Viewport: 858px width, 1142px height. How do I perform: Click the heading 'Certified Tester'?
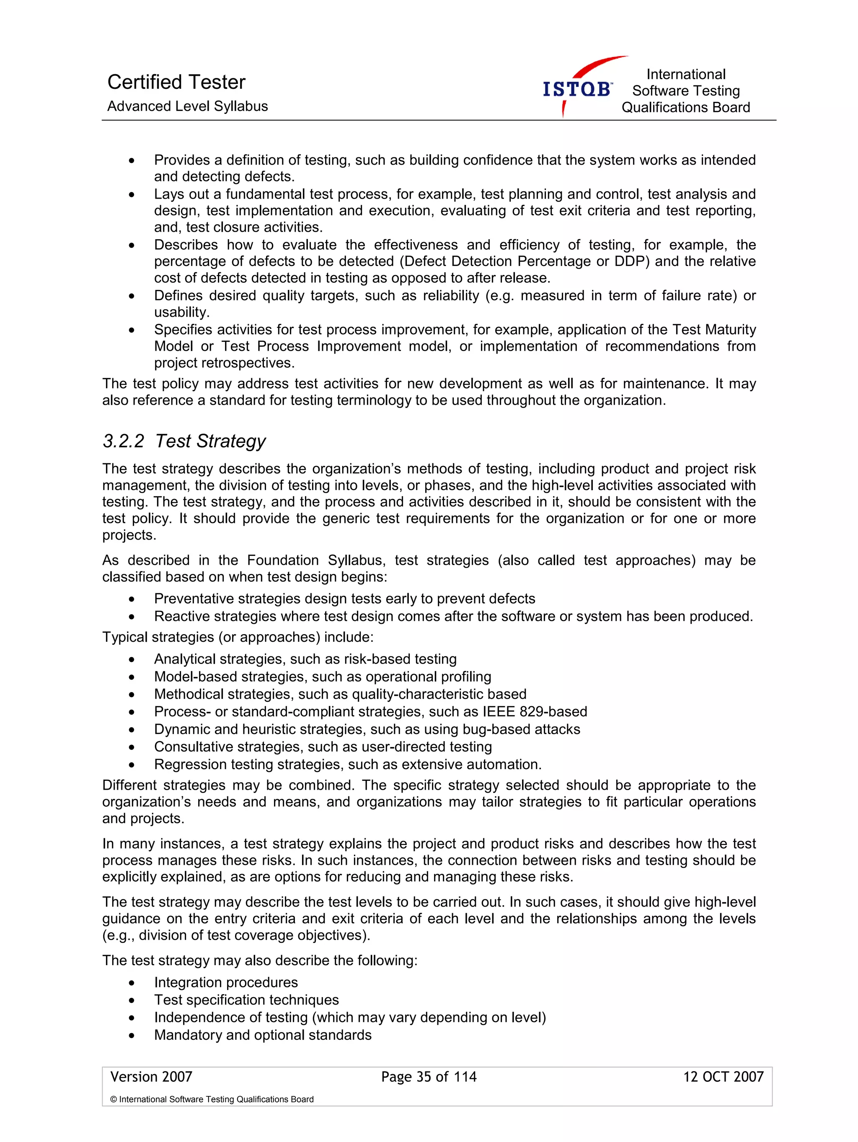coord(176,82)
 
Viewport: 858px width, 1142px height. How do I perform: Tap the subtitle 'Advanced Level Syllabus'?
coord(187,106)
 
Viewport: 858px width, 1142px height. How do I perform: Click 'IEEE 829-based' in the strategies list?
coord(535,711)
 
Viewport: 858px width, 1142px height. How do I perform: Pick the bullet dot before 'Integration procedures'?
coord(132,983)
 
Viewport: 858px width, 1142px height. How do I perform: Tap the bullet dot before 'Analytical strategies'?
coord(132,660)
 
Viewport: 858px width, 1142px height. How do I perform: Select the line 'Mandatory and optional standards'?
coord(262,1035)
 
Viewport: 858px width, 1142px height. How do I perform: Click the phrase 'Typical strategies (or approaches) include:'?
coord(238,637)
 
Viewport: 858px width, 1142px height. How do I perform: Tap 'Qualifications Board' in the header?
coord(685,107)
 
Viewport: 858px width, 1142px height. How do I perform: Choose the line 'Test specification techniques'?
coord(246,1000)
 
